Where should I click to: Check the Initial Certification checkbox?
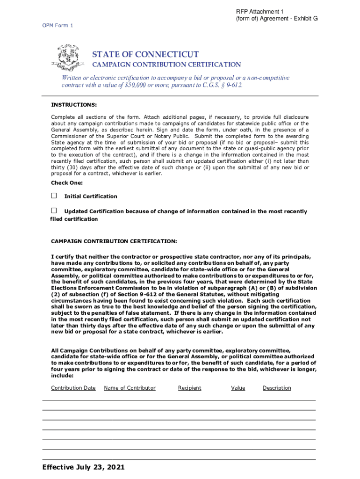(x=54, y=196)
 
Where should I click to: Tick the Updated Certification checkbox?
(x=54, y=210)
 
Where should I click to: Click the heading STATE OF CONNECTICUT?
(x=145, y=54)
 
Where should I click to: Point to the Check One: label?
(x=66, y=183)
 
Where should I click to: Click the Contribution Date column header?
(x=73, y=388)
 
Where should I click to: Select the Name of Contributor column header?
(x=130, y=388)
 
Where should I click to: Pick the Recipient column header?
(x=189, y=388)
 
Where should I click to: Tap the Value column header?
(x=238, y=388)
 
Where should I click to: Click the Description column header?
(x=277, y=388)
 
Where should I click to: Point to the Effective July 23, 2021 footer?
(x=83, y=467)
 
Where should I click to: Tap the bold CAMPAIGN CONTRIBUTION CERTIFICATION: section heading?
(x=114, y=241)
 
